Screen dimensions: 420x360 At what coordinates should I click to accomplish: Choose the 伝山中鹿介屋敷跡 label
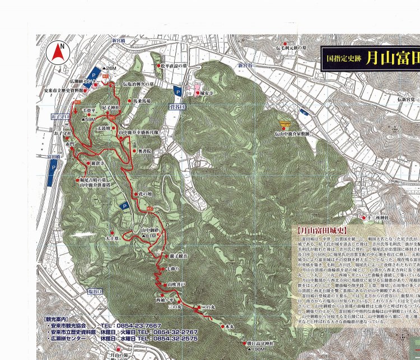(292, 134)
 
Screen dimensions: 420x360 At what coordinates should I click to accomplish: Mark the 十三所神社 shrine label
(380, 217)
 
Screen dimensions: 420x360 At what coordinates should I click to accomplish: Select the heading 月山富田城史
(323, 230)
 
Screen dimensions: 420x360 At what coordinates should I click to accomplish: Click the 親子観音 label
(179, 256)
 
